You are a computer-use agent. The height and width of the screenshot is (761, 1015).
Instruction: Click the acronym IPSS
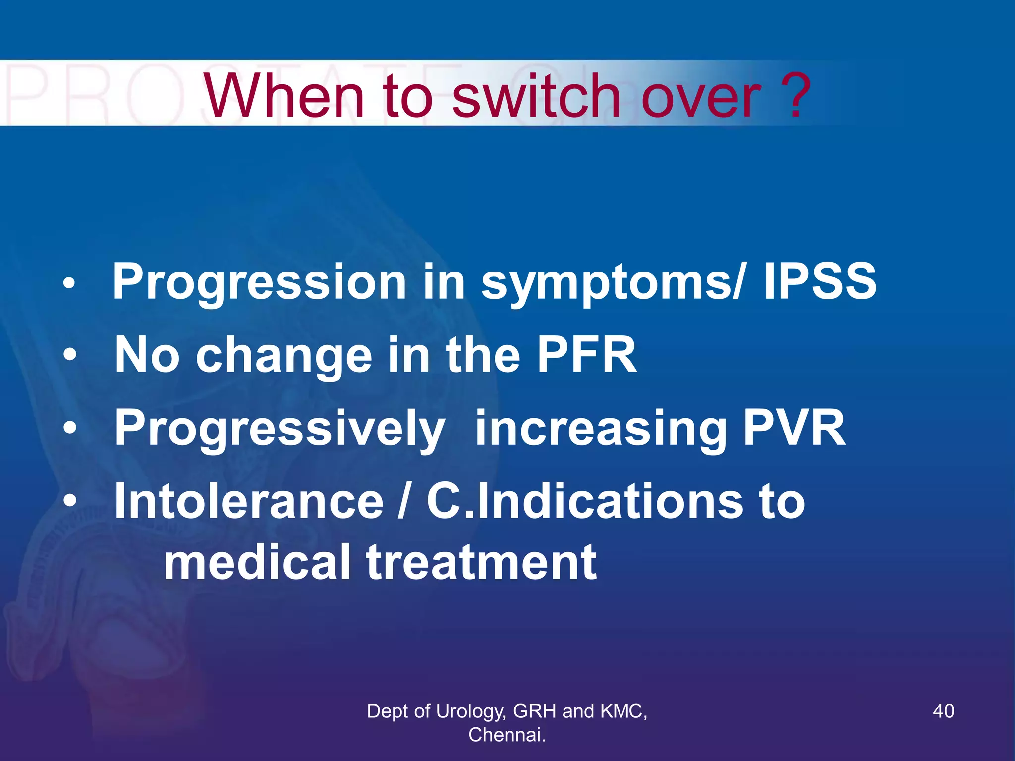(820, 281)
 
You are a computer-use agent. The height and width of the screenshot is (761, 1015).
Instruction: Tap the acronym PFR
(587, 354)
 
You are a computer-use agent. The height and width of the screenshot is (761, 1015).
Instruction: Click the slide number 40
(943, 711)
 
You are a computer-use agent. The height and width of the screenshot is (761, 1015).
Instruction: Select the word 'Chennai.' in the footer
(507, 735)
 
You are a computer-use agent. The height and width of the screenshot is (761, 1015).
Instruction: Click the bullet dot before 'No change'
(70, 355)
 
